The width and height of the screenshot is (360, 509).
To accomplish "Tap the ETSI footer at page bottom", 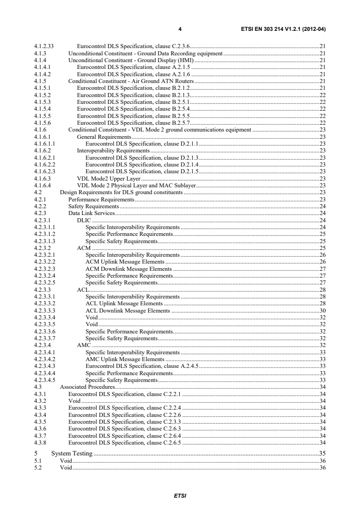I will pyautogui.click(x=180, y=496).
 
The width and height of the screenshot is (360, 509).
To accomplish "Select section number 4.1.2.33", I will pyautogui.click(x=44, y=46).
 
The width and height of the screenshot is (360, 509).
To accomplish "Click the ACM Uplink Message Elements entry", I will pyautogui.click(x=125, y=262).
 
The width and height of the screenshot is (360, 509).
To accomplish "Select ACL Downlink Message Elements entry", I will pyautogui.click(x=128, y=311).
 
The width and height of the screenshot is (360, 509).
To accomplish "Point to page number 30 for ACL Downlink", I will pyautogui.click(x=323, y=311).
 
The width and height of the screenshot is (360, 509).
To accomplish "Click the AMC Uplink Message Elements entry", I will pyautogui.click(x=125, y=359).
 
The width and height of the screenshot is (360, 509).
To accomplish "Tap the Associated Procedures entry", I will pyautogui.click(x=87, y=387).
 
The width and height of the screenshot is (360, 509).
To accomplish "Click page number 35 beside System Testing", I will pyautogui.click(x=323, y=453).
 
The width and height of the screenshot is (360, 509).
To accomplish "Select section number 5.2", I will pyautogui.click(x=38, y=468).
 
